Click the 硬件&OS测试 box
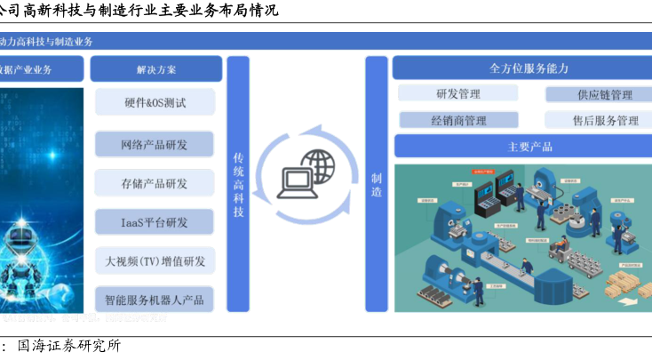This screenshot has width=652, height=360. (x=155, y=102)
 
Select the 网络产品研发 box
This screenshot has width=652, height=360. (x=155, y=144)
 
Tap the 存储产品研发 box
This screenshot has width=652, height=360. (x=155, y=183)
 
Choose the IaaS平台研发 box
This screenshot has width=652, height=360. (x=155, y=222)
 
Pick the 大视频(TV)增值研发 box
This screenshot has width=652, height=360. (x=155, y=261)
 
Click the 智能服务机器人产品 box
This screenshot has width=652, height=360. (x=155, y=300)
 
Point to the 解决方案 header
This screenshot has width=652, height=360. (x=155, y=69)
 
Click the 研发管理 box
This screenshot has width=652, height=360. (x=458, y=94)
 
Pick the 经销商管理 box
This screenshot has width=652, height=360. (x=458, y=120)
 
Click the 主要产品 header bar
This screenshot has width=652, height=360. (x=519, y=147)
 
